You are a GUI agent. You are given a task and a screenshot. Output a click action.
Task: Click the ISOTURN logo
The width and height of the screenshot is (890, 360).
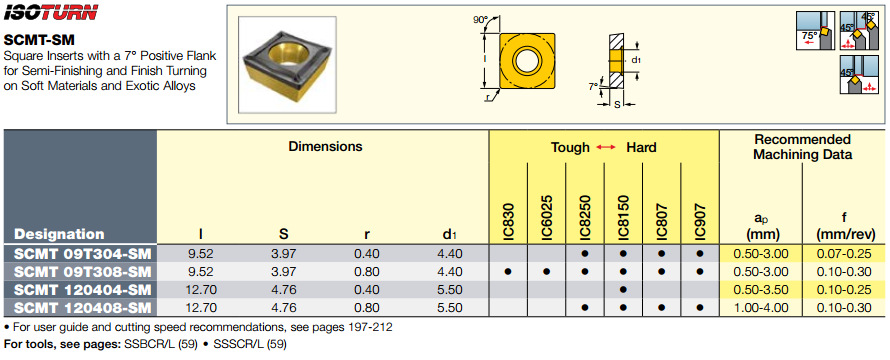[51, 12]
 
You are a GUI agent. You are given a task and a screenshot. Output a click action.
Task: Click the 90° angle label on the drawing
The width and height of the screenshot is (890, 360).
[480, 20]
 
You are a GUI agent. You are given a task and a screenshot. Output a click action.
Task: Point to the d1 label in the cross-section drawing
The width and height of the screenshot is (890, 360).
[636, 60]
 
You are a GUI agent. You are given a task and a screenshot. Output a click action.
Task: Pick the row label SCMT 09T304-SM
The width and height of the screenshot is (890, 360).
[83, 253]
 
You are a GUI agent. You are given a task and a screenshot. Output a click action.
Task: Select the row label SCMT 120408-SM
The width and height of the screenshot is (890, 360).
[83, 308]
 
